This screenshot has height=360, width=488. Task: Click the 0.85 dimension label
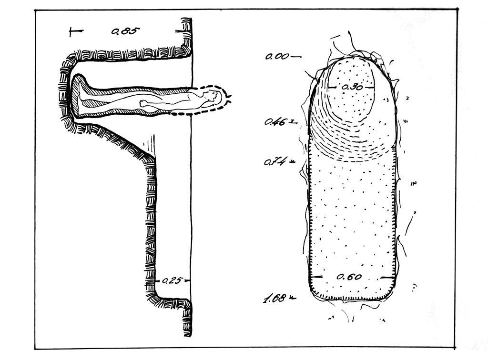click(125, 31)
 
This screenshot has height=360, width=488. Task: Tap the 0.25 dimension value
click(172, 281)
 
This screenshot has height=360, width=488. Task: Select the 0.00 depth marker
click(277, 57)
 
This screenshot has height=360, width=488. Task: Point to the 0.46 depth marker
click(275, 122)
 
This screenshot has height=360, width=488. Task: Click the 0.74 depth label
click(275, 161)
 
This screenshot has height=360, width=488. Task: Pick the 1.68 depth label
click(275, 299)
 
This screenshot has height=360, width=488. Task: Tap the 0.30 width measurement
click(352, 87)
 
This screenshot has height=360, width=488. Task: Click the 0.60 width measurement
click(349, 277)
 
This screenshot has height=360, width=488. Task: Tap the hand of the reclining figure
click(143, 103)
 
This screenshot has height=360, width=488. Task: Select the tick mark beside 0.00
click(295, 57)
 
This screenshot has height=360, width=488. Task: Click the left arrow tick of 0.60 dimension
click(316, 276)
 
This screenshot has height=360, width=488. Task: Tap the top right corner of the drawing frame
click(458, 9)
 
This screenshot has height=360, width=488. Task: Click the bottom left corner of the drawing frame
click(35, 349)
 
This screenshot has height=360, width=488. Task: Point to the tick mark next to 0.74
click(292, 161)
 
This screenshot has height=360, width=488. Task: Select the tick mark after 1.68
click(293, 299)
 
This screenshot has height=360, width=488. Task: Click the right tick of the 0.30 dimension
click(369, 87)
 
